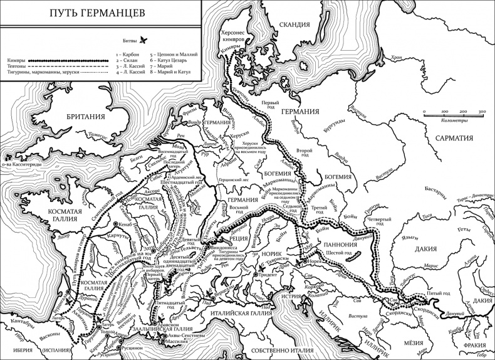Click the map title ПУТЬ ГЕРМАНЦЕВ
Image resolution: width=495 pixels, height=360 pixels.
[x=99, y=13]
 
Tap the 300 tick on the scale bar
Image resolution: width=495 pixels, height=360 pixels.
[x=482, y=112]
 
